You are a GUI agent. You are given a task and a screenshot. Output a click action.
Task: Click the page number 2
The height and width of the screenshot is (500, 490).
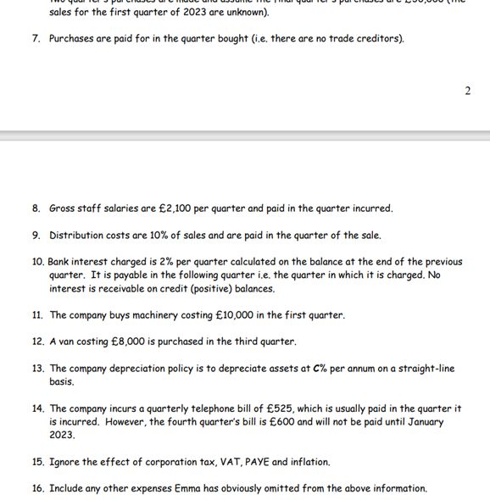click(x=467, y=91)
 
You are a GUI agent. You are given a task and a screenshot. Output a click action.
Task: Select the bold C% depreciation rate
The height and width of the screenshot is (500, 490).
click(x=319, y=369)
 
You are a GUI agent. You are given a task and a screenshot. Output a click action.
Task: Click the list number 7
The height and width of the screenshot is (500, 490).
click(x=36, y=38)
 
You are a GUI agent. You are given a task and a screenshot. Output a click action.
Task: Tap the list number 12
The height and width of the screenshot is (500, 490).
click(x=37, y=342)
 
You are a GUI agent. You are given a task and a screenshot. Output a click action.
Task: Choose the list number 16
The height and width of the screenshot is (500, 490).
click(x=37, y=488)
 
